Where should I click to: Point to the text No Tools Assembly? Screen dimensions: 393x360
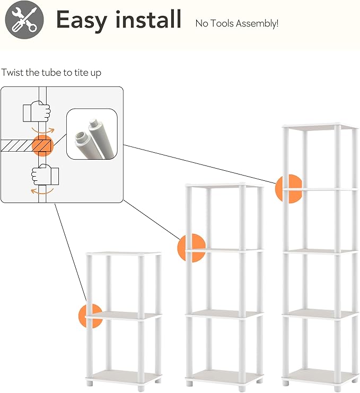point(236,23)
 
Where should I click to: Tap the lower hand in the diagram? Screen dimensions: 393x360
point(46,174)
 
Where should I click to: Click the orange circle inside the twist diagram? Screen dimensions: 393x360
point(43,145)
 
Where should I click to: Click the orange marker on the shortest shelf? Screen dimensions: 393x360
point(89,316)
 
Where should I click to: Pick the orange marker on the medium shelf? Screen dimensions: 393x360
point(191,248)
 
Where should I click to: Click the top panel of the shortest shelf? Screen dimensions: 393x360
point(124,255)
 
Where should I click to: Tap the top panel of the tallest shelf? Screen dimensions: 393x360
point(319,127)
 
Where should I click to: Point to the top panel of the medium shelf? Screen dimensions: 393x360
point(223,185)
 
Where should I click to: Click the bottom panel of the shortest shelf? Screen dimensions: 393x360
point(124,377)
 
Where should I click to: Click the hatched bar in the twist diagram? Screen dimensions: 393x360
point(16,145)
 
